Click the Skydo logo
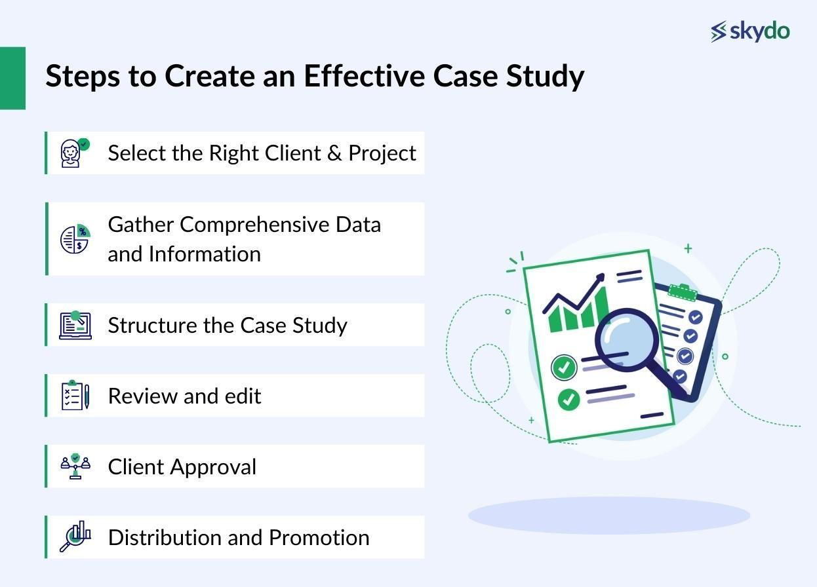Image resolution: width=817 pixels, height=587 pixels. [x=750, y=31]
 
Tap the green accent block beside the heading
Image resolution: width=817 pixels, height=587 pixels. [x=12, y=78]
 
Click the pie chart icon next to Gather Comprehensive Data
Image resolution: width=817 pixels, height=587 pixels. [x=75, y=239]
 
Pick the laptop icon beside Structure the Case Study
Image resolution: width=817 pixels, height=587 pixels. [x=75, y=325]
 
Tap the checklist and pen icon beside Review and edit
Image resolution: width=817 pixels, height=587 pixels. [x=75, y=396]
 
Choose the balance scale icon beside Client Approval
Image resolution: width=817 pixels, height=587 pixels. [x=75, y=466]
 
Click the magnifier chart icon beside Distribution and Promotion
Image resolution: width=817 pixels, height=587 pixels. [x=75, y=537]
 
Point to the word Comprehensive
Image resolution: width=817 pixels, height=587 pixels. [x=254, y=225]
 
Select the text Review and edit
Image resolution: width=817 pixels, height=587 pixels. [x=184, y=396]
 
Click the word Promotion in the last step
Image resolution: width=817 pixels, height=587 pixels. [x=319, y=538]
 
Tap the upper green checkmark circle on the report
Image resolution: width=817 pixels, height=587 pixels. [x=563, y=368]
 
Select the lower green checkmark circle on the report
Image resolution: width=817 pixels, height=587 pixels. [x=568, y=399]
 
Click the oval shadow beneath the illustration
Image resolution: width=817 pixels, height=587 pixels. [x=608, y=516]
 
